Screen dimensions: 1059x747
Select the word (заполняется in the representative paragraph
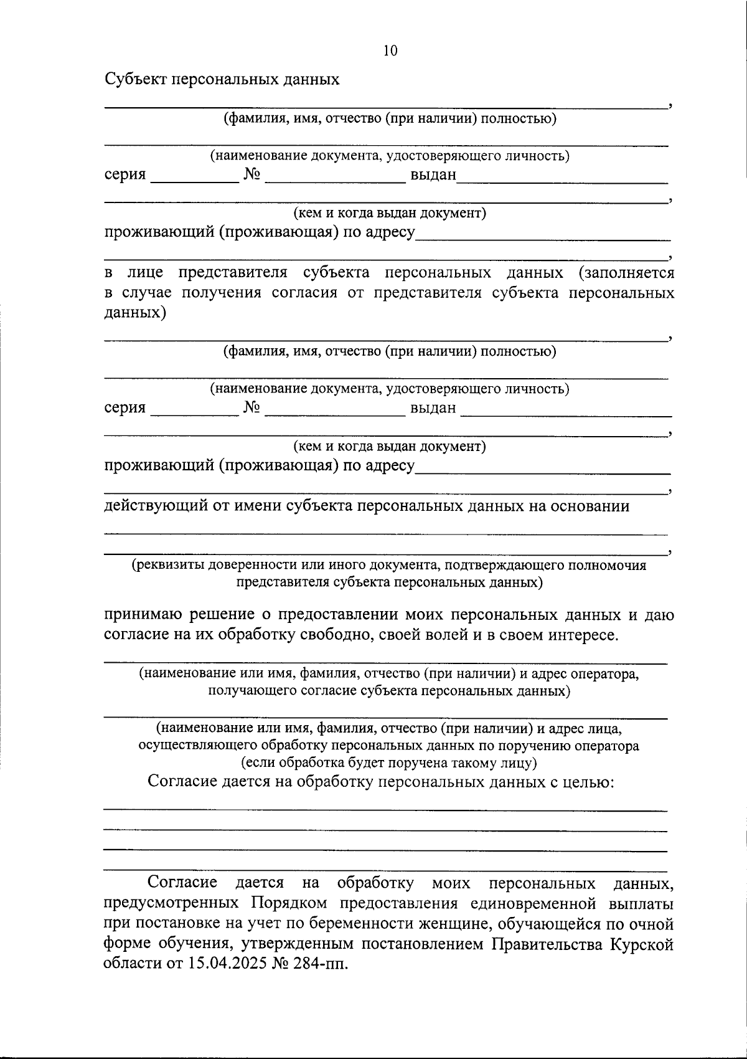click(626, 273)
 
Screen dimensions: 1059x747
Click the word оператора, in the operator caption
click(603, 673)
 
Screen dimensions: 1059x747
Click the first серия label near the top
click(125, 174)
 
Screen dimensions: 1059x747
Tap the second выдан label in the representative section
click(433, 409)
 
